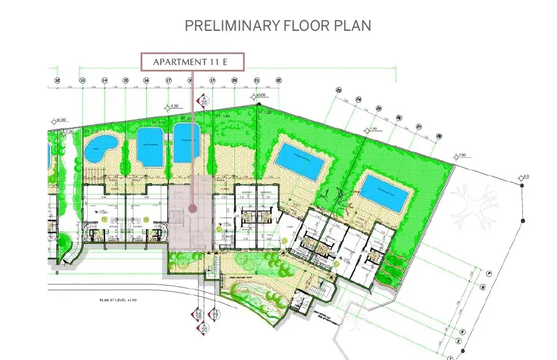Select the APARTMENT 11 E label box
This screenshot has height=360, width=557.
coord(193,62)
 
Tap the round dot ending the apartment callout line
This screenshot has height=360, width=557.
coord(191,207)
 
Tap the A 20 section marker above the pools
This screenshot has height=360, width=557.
coord(204,100)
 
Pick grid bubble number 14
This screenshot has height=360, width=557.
coord(104,80)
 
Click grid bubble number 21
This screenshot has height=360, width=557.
coord(256,80)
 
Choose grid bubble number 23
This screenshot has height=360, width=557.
coord(338,90)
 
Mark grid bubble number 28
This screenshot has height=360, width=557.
coord(439,135)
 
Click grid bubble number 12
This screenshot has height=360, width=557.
coord(57,80)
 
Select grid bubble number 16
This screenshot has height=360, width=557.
coord(146,80)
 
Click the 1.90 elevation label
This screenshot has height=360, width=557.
coord(374,128)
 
